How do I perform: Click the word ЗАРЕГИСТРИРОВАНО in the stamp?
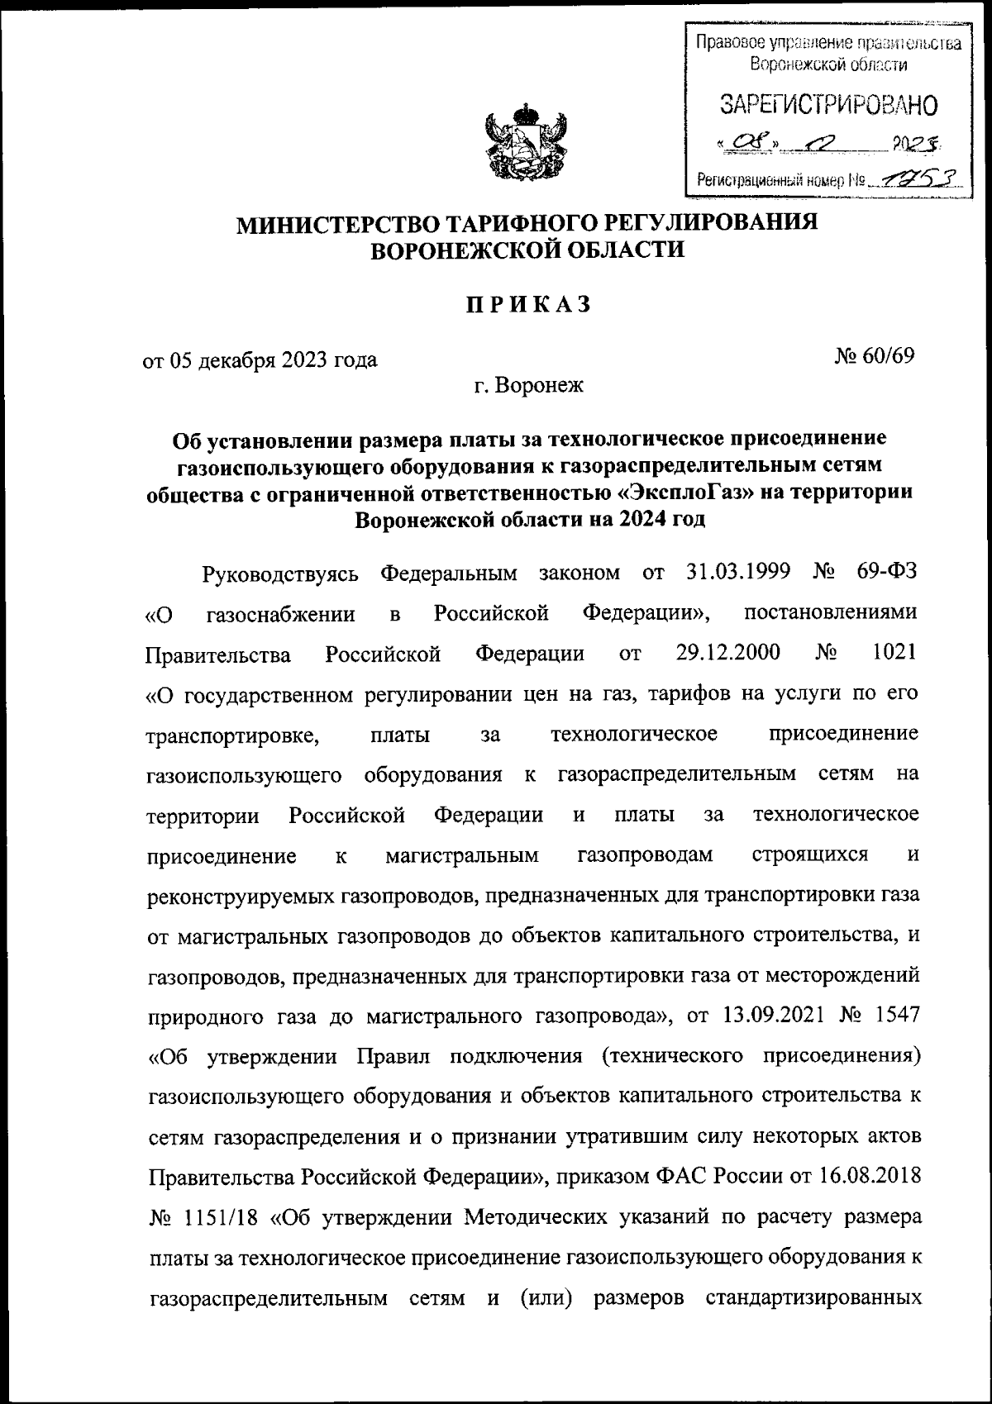pyautogui.click(x=829, y=104)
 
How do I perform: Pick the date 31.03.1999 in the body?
pyautogui.click(x=739, y=572)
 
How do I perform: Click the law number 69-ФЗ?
pyautogui.click(x=886, y=572)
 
